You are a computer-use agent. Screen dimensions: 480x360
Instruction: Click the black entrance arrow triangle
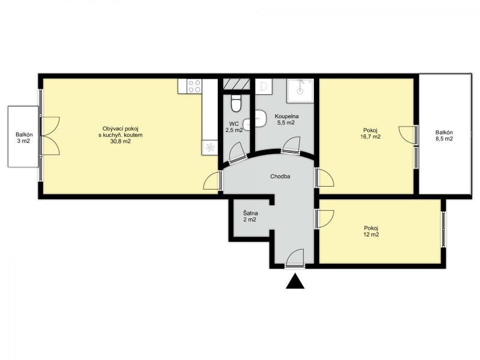coord(295,282)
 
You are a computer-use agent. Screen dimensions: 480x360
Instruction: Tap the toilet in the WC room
coord(236,103)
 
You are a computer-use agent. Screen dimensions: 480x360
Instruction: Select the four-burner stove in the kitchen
coord(194,86)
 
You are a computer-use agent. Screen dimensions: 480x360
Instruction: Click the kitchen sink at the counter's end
coord(209,148)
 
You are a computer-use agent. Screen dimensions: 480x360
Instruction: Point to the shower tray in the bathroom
coord(300,91)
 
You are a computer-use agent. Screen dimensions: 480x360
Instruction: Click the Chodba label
coord(280,176)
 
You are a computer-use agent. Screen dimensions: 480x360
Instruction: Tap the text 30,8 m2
coord(121,141)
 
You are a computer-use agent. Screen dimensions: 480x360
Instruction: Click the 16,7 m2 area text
coord(370,137)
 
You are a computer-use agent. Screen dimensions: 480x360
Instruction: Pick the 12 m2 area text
coord(371,235)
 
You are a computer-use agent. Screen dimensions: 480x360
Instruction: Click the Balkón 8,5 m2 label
coord(444,136)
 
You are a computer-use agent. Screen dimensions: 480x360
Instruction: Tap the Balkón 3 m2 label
coord(24,138)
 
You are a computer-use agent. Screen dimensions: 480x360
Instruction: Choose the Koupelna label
coord(287,116)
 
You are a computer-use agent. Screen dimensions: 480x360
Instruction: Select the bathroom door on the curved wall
coord(291,145)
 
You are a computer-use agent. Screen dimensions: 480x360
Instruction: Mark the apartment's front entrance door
coord(295,259)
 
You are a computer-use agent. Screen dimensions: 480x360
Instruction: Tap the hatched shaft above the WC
coord(236,84)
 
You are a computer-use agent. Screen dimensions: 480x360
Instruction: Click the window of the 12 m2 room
coord(443,229)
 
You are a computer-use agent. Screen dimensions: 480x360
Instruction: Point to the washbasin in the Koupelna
coord(261,118)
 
